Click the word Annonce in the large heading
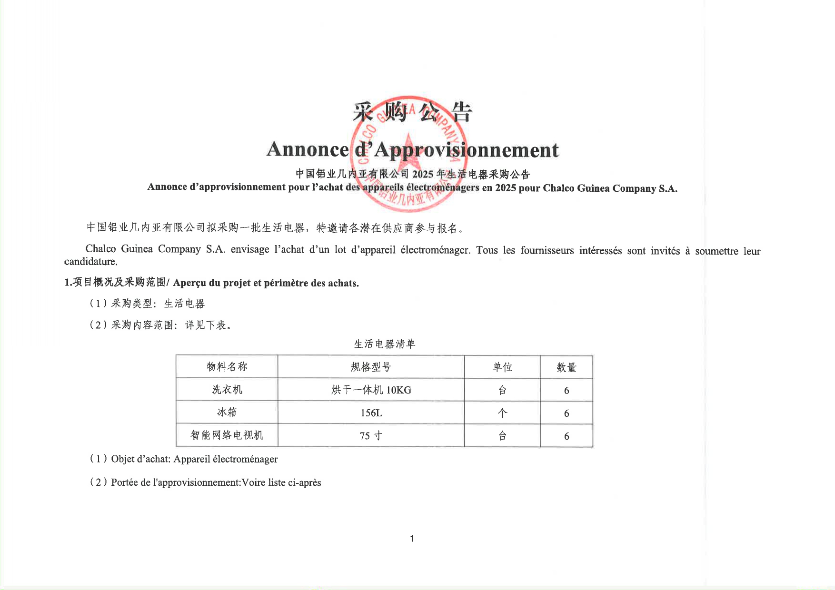(308, 149)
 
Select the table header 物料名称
(227, 367)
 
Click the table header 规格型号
(371, 367)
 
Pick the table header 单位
(502, 367)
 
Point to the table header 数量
(567, 368)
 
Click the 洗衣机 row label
(227, 390)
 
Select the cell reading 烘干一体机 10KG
(371, 390)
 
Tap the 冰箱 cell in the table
(227, 412)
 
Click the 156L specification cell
(371, 413)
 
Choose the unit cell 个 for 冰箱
(502, 413)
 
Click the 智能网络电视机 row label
(227, 435)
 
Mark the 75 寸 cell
(371, 436)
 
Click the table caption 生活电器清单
(385, 344)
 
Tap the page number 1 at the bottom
(412, 539)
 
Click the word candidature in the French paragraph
(90, 262)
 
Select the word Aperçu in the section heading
(189, 283)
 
